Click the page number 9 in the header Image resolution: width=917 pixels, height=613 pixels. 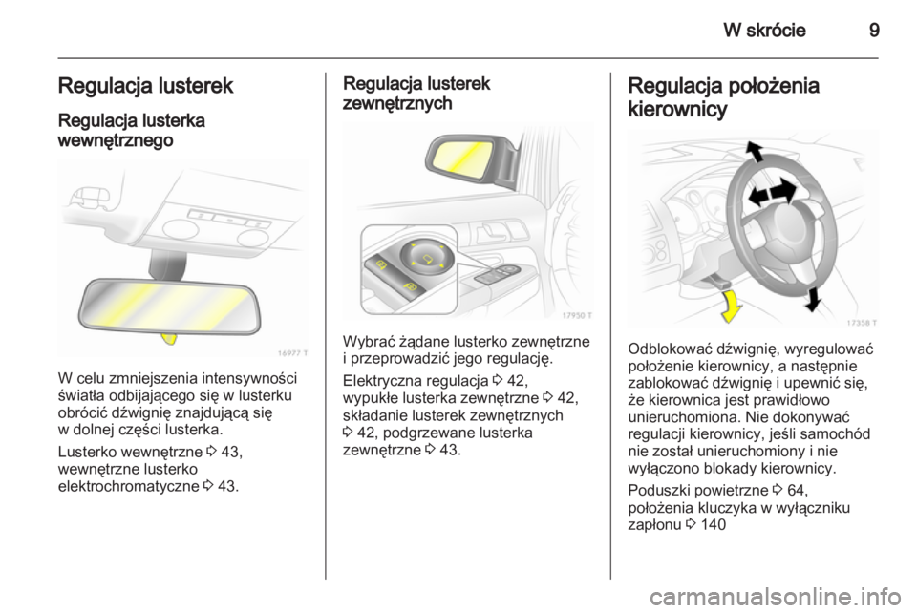point(873,30)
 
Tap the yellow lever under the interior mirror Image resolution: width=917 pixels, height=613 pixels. point(170,336)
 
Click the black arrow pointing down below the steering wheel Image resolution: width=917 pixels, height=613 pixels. point(811,299)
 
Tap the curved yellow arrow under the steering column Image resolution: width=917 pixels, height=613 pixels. point(732,305)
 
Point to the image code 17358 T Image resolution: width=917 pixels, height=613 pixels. point(860,322)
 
